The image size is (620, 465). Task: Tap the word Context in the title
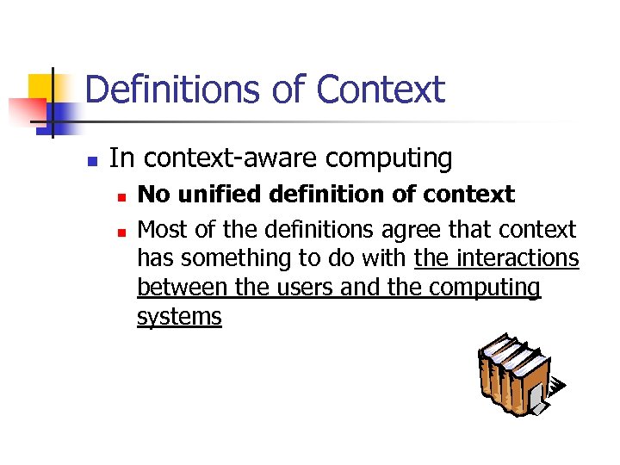381,90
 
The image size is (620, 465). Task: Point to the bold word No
152,195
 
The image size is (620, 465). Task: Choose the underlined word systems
179,317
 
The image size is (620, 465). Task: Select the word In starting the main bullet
121,158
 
